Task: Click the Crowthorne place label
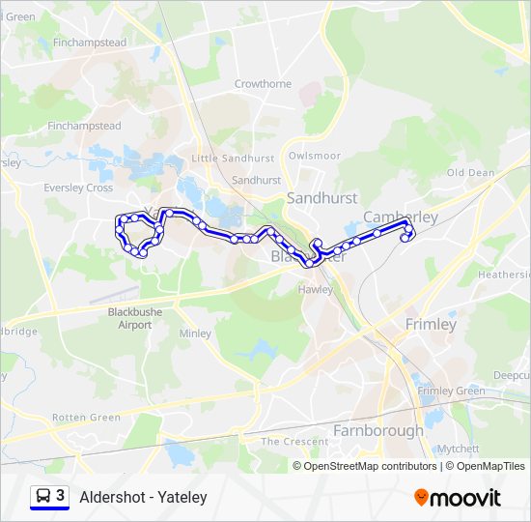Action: [263, 84]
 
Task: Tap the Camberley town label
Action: [400, 217]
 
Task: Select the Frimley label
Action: [431, 324]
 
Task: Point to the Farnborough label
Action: [377, 430]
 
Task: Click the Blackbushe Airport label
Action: [135, 318]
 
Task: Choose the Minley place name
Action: [195, 333]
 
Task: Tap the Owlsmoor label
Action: [315, 155]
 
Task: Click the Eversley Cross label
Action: [78, 188]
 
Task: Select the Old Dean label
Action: [470, 173]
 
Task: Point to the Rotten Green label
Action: [86, 418]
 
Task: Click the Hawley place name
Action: [316, 288]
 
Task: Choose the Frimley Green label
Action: [451, 391]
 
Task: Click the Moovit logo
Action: [458, 498]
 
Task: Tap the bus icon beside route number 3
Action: [43, 497]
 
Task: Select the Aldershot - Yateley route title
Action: [143, 497]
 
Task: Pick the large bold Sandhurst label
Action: [322, 197]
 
